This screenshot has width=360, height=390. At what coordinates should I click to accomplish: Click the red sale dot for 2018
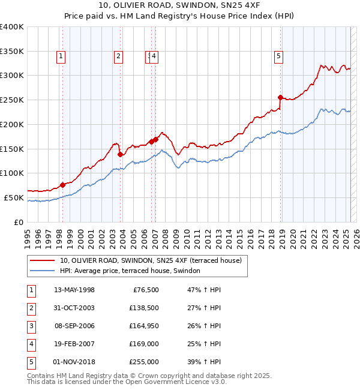click(x=280, y=97)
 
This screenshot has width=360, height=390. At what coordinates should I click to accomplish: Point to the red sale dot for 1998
click(x=62, y=185)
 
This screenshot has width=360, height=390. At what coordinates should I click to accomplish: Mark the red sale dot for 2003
click(x=120, y=154)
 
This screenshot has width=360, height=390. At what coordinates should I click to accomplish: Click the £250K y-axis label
click(x=12, y=100)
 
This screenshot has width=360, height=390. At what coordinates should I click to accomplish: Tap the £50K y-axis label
click(x=14, y=197)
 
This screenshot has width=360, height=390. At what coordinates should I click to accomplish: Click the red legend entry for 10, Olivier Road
click(x=150, y=260)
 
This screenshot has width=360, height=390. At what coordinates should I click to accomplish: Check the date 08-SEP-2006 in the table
click(x=74, y=326)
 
